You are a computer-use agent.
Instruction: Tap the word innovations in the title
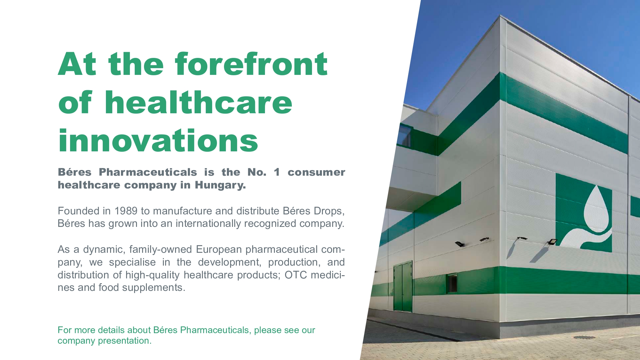point(158,140)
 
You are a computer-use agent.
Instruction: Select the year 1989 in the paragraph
point(126,211)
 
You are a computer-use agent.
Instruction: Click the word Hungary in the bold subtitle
point(220,185)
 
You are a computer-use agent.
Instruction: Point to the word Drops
point(329,211)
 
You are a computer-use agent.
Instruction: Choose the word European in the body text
point(219,250)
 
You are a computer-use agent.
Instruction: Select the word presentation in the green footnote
point(125,341)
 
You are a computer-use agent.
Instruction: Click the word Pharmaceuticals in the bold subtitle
point(148,172)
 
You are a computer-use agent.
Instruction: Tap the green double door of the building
point(403,286)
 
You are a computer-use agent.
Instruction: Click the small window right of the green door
point(452,283)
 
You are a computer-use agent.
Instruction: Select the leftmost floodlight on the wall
point(460,244)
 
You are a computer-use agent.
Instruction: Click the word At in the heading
point(77,64)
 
